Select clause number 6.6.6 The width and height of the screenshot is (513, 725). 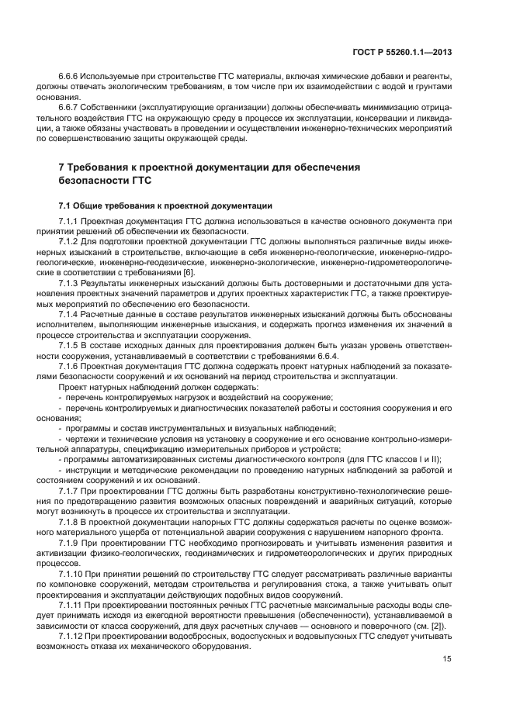(x=71, y=78)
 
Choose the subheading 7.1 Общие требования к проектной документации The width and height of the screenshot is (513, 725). (x=165, y=205)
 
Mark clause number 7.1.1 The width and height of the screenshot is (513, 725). (x=70, y=221)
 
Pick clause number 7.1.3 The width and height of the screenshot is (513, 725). (x=70, y=285)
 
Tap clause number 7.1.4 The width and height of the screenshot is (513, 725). (x=70, y=315)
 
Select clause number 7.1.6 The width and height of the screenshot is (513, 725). (x=70, y=365)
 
